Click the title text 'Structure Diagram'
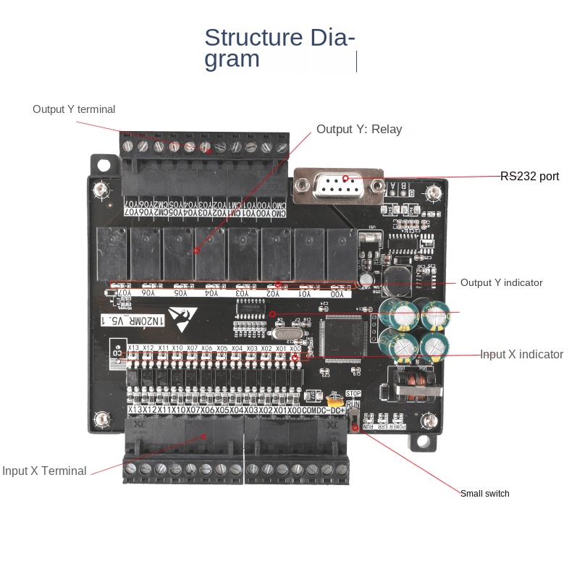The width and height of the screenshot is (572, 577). [279, 48]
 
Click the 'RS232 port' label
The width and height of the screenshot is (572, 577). [529, 176]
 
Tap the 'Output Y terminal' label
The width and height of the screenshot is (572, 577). [73, 109]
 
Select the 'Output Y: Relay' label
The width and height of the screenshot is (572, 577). [358, 130]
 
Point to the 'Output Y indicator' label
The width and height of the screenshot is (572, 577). [501, 282]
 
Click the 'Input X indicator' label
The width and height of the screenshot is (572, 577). [521, 354]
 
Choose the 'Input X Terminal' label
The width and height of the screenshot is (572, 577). [44, 471]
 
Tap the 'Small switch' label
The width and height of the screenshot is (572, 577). [484, 494]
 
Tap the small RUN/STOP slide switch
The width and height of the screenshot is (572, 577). [353, 420]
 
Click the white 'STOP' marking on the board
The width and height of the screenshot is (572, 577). [353, 394]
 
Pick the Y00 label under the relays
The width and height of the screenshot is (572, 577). [337, 294]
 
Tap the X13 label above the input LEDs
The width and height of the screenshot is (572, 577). [133, 348]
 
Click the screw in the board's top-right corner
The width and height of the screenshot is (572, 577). [433, 194]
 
